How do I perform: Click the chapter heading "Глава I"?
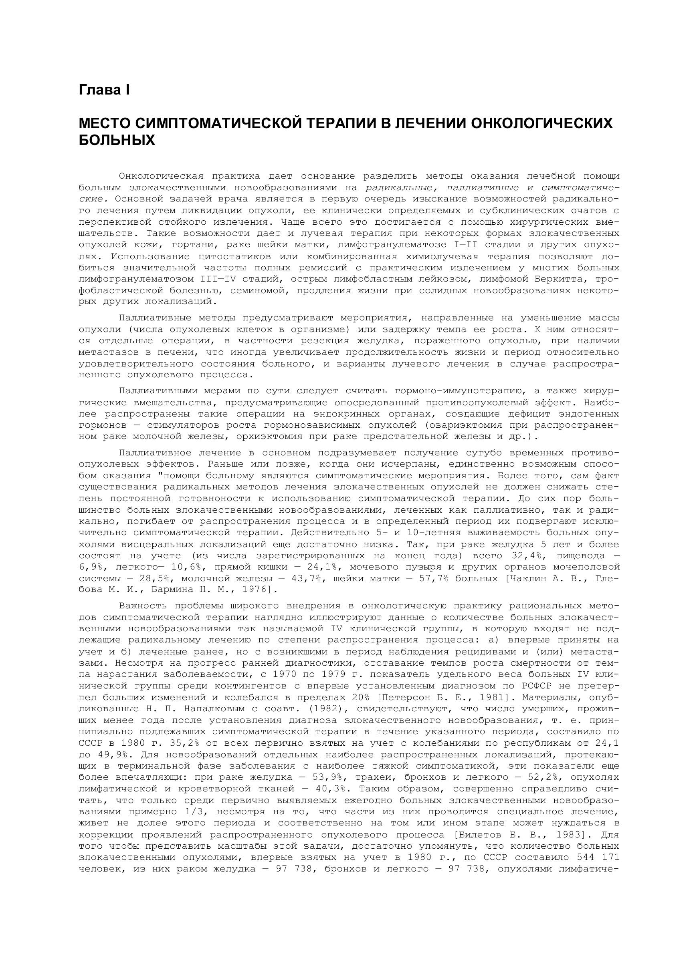point(104,90)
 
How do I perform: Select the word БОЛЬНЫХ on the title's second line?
point(117,140)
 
